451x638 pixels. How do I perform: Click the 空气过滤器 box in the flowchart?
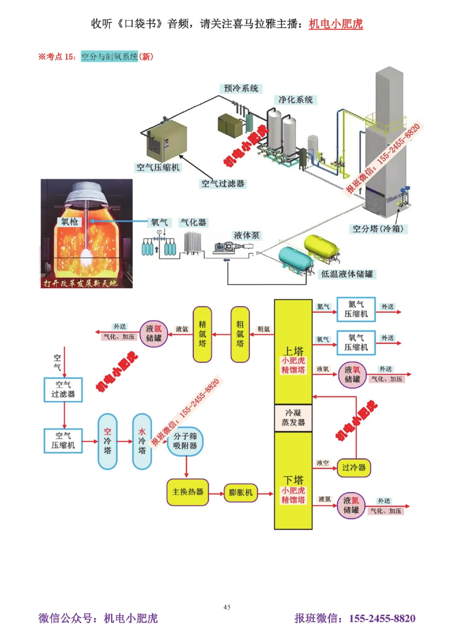click(x=63, y=390)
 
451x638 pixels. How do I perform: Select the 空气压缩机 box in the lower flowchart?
click(x=63, y=441)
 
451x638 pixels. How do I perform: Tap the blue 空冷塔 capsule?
click(x=107, y=441)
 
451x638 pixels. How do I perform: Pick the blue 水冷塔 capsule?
click(x=142, y=441)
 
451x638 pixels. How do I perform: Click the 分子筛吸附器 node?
click(x=185, y=441)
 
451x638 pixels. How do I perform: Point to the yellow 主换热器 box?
click(x=188, y=492)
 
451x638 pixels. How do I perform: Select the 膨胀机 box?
click(x=240, y=492)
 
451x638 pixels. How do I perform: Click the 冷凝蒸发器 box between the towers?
click(x=293, y=418)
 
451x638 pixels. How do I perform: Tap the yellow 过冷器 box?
click(x=354, y=468)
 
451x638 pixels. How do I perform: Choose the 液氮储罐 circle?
click(x=351, y=505)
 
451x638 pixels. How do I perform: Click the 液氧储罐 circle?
click(x=352, y=375)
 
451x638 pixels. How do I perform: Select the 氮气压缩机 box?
click(x=356, y=309)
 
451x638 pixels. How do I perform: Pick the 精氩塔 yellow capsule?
click(x=202, y=334)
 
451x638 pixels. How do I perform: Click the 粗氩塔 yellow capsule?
click(x=240, y=334)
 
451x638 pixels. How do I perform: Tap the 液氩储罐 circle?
click(x=153, y=334)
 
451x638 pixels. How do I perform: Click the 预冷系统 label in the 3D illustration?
click(x=241, y=88)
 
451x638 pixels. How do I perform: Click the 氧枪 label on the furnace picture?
click(x=70, y=222)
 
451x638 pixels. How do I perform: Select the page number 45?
click(x=227, y=607)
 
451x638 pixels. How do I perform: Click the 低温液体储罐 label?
click(x=347, y=274)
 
